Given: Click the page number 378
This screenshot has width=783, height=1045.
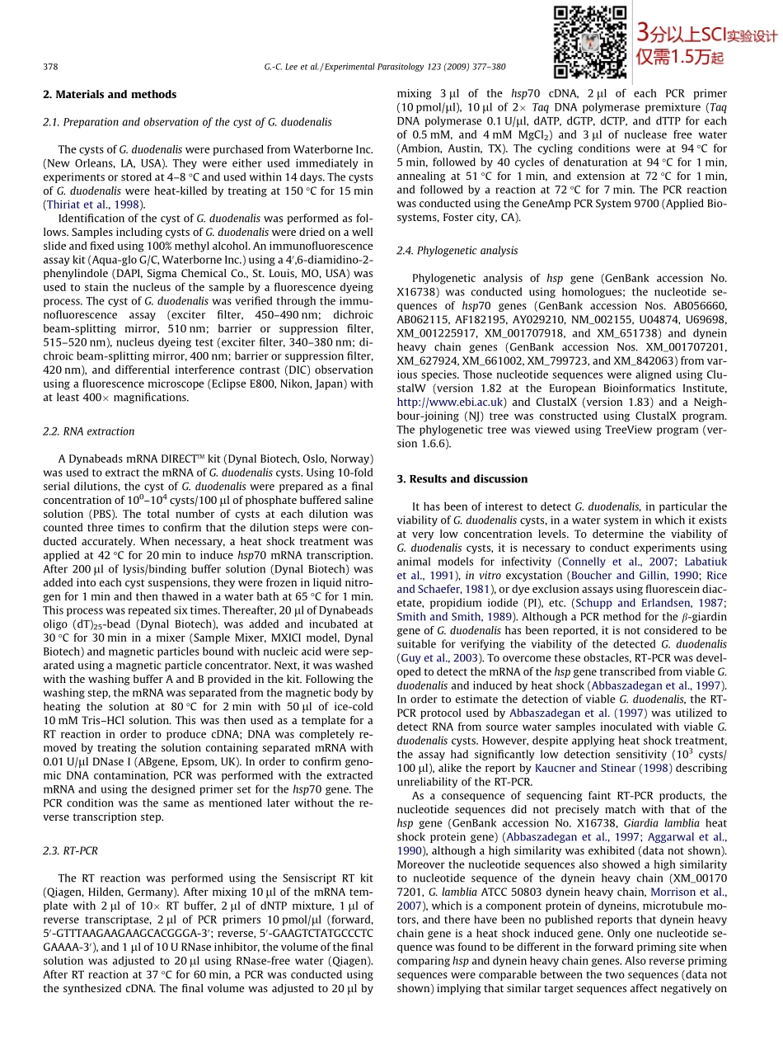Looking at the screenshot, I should tap(50, 67).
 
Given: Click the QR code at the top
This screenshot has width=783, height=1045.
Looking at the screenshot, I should tap(590, 42).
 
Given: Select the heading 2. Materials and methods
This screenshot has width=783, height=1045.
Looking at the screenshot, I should tap(110, 95).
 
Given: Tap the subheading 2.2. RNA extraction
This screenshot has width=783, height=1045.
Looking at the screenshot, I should tap(88, 431).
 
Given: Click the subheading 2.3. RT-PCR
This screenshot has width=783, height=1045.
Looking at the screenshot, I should tap(70, 850).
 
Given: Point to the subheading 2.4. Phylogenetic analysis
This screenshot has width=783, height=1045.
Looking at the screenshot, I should tap(457, 251).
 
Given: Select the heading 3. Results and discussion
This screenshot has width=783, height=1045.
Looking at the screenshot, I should tap(462, 479).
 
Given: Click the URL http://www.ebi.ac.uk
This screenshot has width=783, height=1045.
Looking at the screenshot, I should tap(452, 402).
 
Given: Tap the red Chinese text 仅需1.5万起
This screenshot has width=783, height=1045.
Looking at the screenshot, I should tap(680, 57).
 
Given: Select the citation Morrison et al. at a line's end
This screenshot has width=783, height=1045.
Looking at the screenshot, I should tap(689, 892).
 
